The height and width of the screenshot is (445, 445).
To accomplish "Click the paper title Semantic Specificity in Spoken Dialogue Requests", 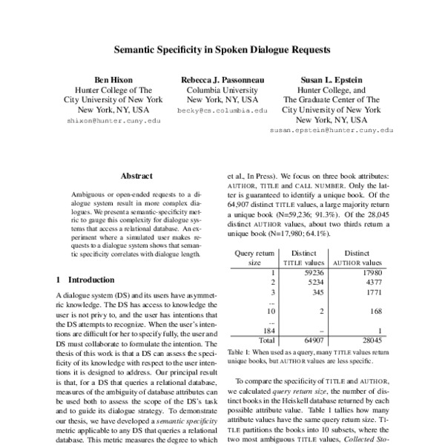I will tap(222, 52).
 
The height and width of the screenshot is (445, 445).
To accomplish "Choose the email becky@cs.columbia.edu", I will tap(222, 110).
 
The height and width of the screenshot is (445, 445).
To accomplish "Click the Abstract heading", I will tap(136, 177).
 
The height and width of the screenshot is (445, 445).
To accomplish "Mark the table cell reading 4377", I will tap(372, 283).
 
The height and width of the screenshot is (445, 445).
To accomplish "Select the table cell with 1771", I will tap(372, 293).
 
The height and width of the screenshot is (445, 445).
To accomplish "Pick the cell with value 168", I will tap(375, 311).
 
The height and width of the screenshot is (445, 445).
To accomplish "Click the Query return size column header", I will tap(254, 257).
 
